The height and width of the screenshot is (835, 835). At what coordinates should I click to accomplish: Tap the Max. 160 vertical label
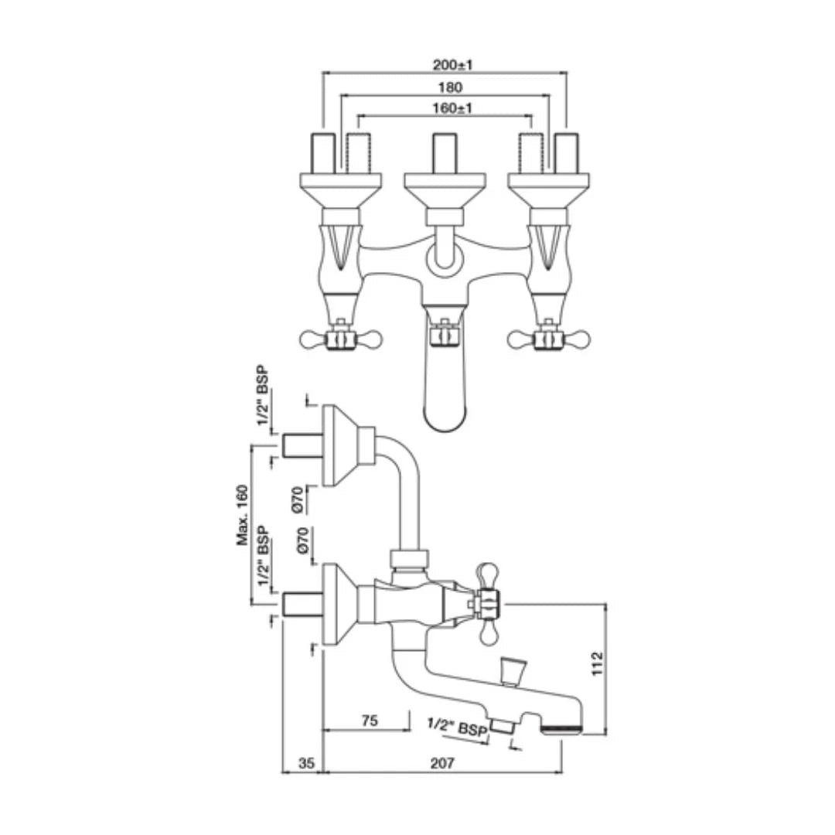(x=243, y=516)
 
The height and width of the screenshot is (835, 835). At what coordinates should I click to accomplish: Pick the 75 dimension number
(x=370, y=721)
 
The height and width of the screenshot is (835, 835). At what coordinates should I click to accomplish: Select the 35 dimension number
(x=306, y=764)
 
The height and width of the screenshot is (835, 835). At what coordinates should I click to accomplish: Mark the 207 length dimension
(x=441, y=764)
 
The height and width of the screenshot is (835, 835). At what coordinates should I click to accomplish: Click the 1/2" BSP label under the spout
(x=457, y=728)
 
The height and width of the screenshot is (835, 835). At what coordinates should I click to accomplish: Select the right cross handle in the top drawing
(x=548, y=339)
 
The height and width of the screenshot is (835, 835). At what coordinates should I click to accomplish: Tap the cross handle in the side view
(x=487, y=602)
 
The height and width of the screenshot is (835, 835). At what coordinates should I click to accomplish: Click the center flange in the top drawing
(x=445, y=186)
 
